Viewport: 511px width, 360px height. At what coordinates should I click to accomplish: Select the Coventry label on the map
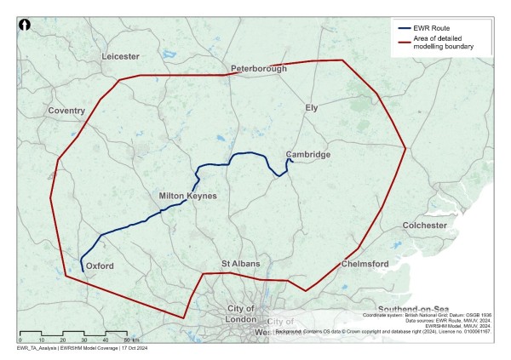pos(67,111)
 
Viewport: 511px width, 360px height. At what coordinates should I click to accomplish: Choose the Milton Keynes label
pos(188,197)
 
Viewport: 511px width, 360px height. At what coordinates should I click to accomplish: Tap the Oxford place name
pos(100,266)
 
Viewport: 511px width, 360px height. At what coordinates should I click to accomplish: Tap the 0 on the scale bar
pos(20,340)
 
